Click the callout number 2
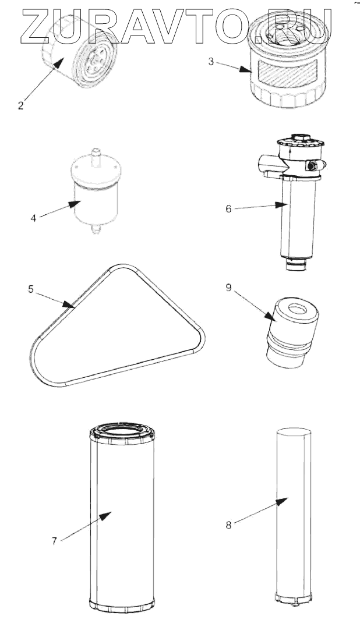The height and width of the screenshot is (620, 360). pyautogui.click(x=20, y=105)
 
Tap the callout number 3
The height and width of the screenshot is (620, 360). pyautogui.click(x=211, y=61)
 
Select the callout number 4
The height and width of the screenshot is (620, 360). pyautogui.click(x=33, y=218)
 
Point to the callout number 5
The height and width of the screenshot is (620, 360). pyautogui.click(x=30, y=289)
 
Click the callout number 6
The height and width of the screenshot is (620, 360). pyautogui.click(x=228, y=209)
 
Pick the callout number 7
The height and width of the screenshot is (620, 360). pyautogui.click(x=54, y=540)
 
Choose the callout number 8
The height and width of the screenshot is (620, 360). pyautogui.click(x=228, y=525)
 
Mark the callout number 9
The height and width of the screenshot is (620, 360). pyautogui.click(x=228, y=288)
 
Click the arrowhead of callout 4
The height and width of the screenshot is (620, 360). pyautogui.click(x=74, y=204)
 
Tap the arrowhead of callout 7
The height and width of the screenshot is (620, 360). pyautogui.click(x=105, y=516)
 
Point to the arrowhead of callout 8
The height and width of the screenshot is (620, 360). pyautogui.click(x=282, y=501)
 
